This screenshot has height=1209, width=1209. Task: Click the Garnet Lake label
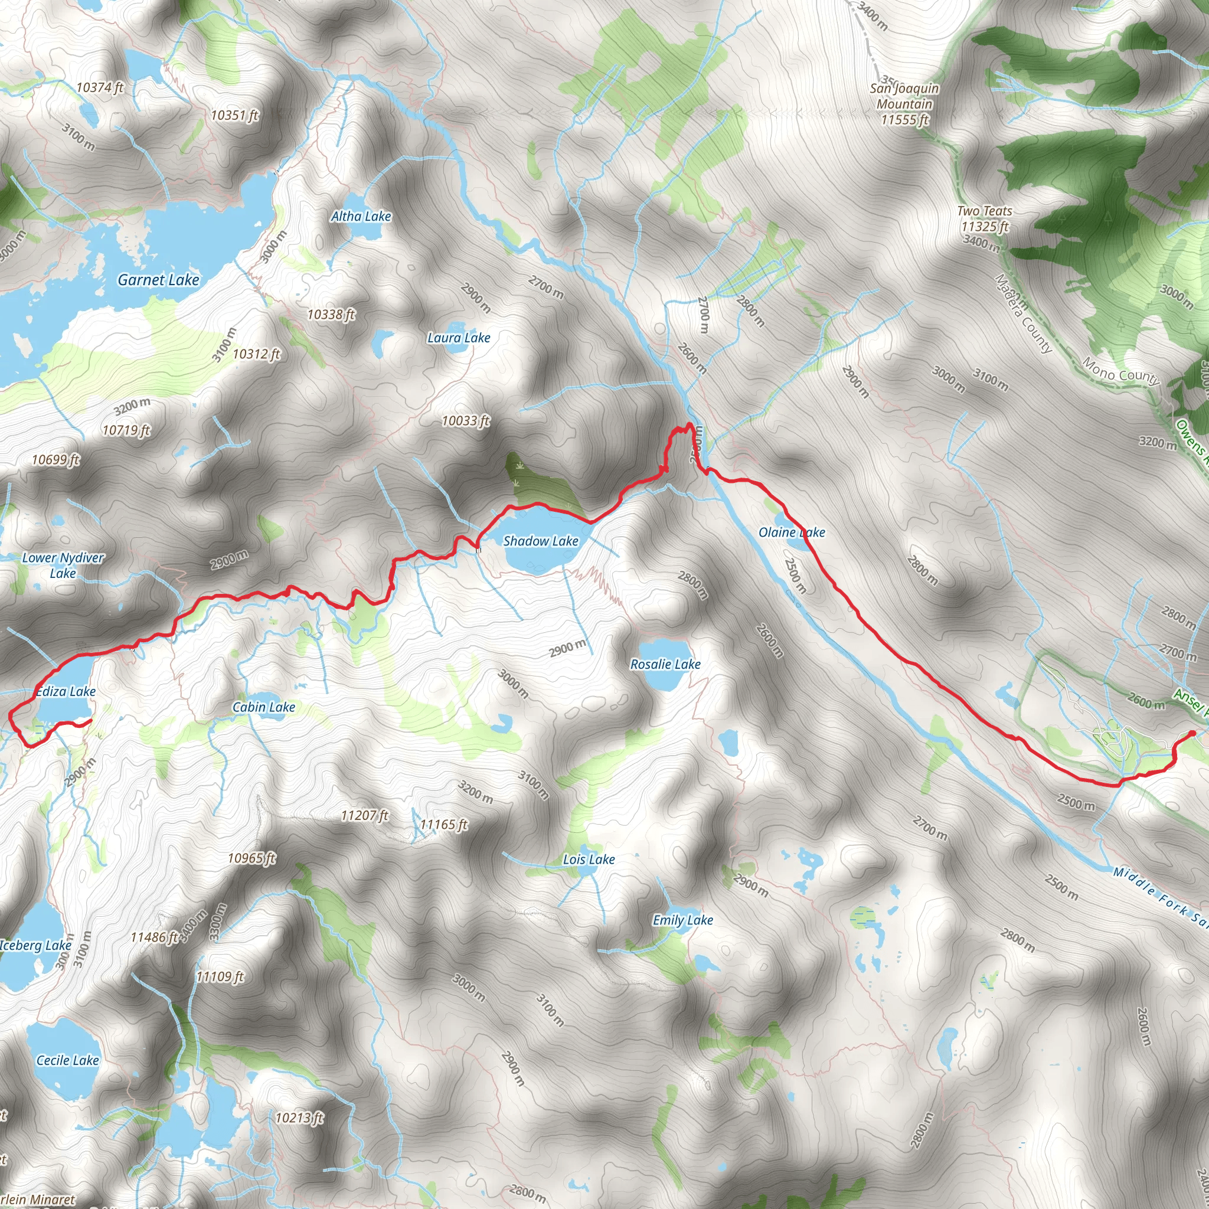(158, 280)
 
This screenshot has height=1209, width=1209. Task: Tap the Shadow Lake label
(541, 541)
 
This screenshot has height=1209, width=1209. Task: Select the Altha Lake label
(361, 217)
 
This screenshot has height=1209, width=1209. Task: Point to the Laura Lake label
(459, 338)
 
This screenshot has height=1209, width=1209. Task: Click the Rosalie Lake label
(665, 664)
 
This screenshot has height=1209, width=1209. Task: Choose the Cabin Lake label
(263, 707)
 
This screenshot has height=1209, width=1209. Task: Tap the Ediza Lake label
(66, 691)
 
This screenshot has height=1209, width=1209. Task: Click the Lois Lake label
(588, 860)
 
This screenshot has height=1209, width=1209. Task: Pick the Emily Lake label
(683, 920)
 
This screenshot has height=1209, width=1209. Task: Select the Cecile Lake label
(67, 1060)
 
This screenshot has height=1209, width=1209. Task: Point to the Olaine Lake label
(792, 532)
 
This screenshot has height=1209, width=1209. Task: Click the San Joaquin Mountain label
(904, 104)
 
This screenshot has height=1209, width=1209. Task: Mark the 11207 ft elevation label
(364, 815)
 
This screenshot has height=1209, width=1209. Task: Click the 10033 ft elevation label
(466, 421)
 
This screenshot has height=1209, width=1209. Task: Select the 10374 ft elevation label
(100, 87)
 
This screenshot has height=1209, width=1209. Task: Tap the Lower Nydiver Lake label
(63, 565)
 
